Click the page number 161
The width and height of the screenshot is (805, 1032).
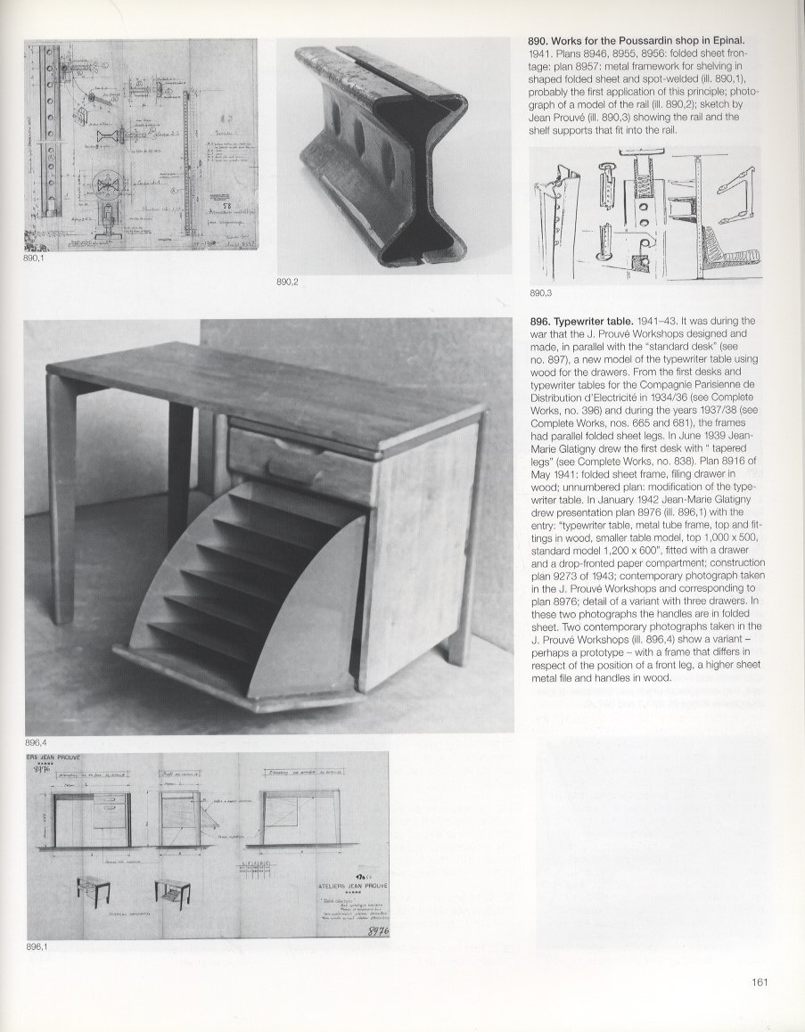[760, 983]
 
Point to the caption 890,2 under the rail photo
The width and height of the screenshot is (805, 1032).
[289, 283]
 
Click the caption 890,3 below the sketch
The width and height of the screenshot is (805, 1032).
[541, 292]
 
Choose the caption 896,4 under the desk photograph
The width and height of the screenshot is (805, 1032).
[37, 742]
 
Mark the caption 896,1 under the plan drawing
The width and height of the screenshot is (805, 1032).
[37, 947]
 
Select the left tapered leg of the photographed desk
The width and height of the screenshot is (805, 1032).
[61, 499]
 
